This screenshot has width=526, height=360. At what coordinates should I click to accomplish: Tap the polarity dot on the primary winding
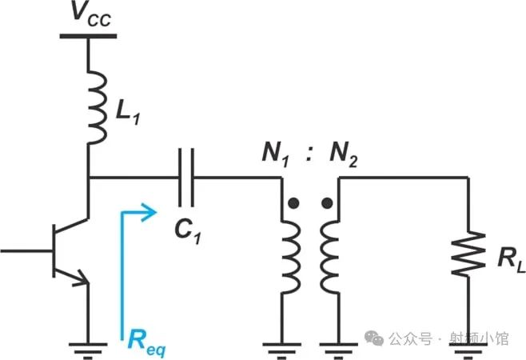pyautogui.click(x=294, y=205)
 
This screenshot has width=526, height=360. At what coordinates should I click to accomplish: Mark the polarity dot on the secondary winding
pyautogui.click(x=326, y=205)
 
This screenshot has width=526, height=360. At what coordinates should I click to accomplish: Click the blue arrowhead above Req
pyautogui.click(x=148, y=211)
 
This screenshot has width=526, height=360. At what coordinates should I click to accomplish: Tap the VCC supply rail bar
pyautogui.click(x=88, y=34)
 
